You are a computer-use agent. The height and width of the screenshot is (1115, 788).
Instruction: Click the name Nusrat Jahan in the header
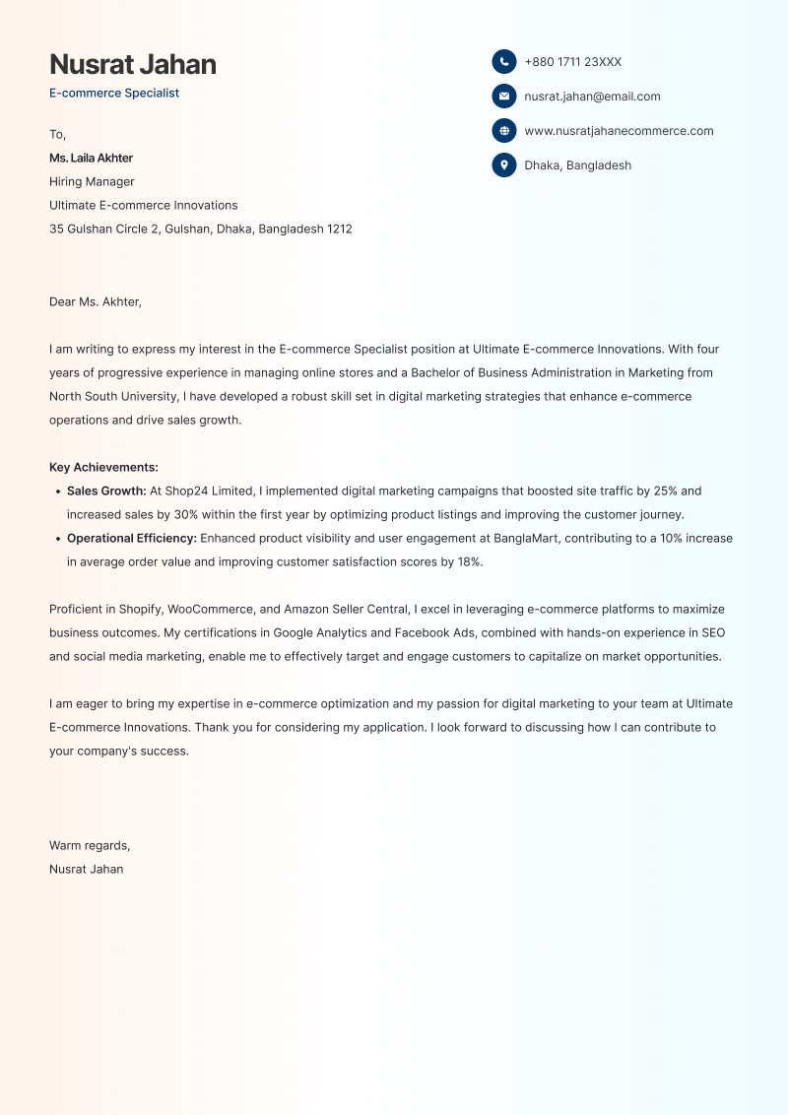(133, 64)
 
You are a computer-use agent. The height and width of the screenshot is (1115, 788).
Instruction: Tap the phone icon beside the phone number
(504, 62)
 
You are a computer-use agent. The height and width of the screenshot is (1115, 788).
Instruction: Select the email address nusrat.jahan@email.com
(592, 97)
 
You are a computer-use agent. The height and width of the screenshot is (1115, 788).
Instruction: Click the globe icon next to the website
(504, 131)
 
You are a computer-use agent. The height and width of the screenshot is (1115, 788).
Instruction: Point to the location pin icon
(504, 165)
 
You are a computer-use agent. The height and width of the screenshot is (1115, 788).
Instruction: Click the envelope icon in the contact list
(504, 97)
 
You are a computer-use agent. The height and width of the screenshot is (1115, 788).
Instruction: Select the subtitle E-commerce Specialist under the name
(114, 94)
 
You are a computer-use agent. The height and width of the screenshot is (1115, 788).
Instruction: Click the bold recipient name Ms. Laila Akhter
(91, 158)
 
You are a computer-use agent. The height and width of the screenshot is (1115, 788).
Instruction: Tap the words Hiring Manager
(92, 181)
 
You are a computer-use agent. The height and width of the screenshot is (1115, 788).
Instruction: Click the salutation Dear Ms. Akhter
(96, 301)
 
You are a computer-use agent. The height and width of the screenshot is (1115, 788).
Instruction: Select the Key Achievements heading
(103, 468)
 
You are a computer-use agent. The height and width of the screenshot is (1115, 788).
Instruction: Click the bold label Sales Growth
(106, 491)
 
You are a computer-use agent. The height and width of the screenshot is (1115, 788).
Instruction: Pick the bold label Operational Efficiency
(132, 539)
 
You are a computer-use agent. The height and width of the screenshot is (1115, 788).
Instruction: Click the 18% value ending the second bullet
(468, 562)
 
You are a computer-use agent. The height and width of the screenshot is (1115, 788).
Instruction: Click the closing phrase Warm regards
(89, 845)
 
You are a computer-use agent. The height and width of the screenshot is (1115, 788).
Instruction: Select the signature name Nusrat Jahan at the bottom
(87, 869)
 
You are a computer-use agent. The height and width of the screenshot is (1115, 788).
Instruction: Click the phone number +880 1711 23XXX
(572, 62)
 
